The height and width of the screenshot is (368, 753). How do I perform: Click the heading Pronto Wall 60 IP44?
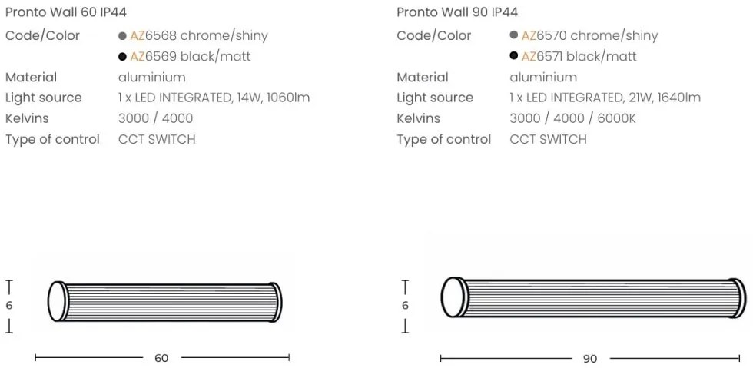[x=65, y=12]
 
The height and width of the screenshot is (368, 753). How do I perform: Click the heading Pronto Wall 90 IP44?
[x=457, y=12]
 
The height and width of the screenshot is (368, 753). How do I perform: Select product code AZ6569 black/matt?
[x=190, y=57]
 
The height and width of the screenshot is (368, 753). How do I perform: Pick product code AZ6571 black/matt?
[x=579, y=57]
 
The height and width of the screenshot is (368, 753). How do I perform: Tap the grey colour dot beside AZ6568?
[x=123, y=36]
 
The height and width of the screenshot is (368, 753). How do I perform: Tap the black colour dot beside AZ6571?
[x=513, y=56]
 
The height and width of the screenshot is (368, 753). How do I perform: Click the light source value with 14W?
[x=214, y=98]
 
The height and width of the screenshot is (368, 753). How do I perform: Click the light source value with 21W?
[x=605, y=98]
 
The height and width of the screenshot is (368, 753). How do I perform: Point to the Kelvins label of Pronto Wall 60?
[x=27, y=119]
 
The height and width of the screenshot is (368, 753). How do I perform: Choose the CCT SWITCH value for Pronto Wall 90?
[x=548, y=140]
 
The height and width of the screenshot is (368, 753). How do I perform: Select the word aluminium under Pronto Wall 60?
[x=151, y=78]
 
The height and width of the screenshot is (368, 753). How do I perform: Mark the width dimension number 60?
[x=161, y=358]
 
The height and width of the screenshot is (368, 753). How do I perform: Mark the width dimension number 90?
[x=590, y=359]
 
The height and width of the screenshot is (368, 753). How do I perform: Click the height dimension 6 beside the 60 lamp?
[x=9, y=306]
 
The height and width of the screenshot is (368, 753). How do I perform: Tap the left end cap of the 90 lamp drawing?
[x=453, y=297]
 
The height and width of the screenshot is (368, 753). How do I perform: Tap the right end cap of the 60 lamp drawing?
[x=275, y=302]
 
